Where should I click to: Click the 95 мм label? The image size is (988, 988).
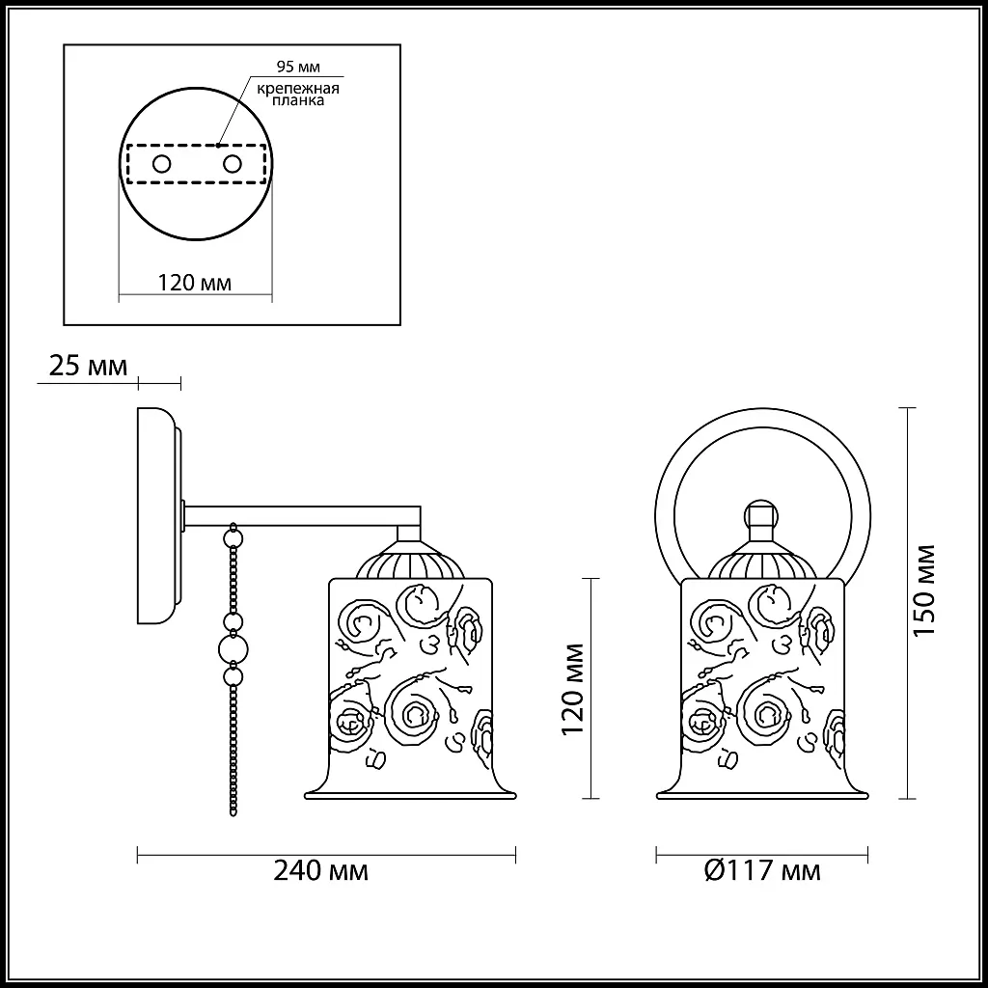tap(298, 67)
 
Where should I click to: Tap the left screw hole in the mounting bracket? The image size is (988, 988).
tap(162, 164)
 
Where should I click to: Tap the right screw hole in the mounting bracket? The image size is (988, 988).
tap(232, 164)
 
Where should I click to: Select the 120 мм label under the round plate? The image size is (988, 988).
tap(194, 283)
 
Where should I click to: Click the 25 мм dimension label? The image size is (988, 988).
tap(87, 367)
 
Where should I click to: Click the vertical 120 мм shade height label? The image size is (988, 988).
tap(576, 687)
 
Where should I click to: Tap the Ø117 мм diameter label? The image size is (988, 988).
tap(762, 870)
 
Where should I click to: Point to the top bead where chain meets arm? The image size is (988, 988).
tap(232, 534)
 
